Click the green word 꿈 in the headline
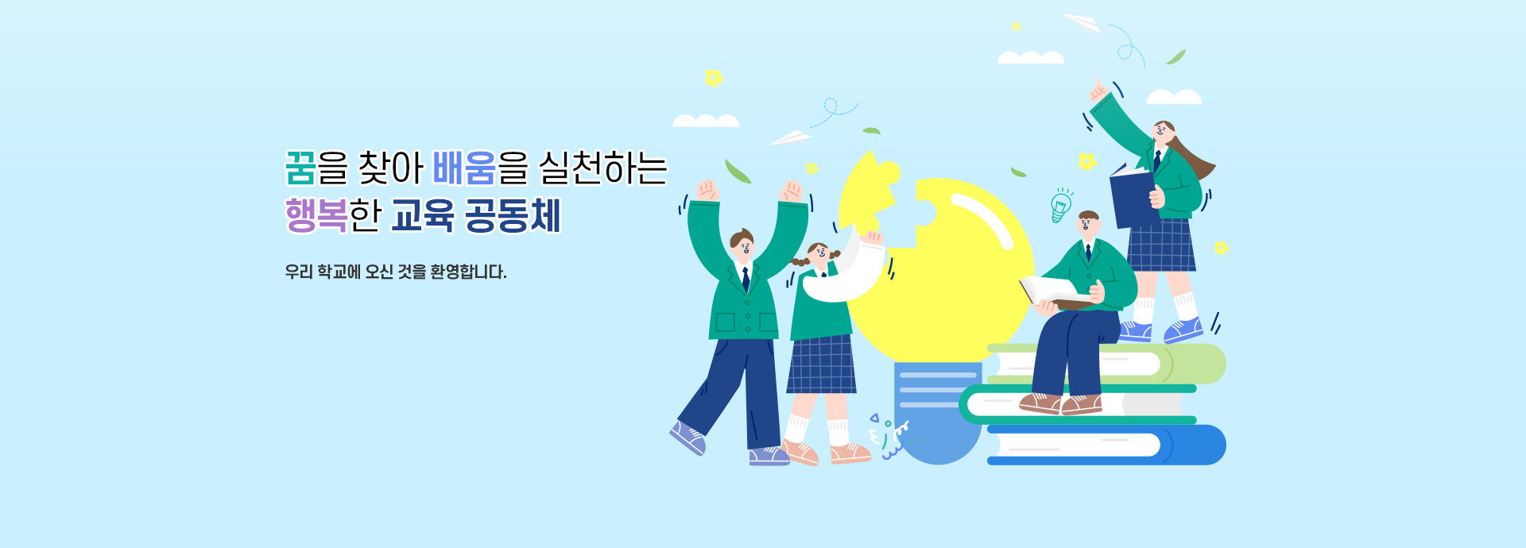[300, 168]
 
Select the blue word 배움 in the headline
[463, 168]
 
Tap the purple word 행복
[316, 215]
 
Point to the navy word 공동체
[513, 215]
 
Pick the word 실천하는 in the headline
[602, 168]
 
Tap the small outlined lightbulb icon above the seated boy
[1060, 206]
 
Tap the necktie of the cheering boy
[746, 279]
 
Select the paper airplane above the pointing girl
[1082, 22]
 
